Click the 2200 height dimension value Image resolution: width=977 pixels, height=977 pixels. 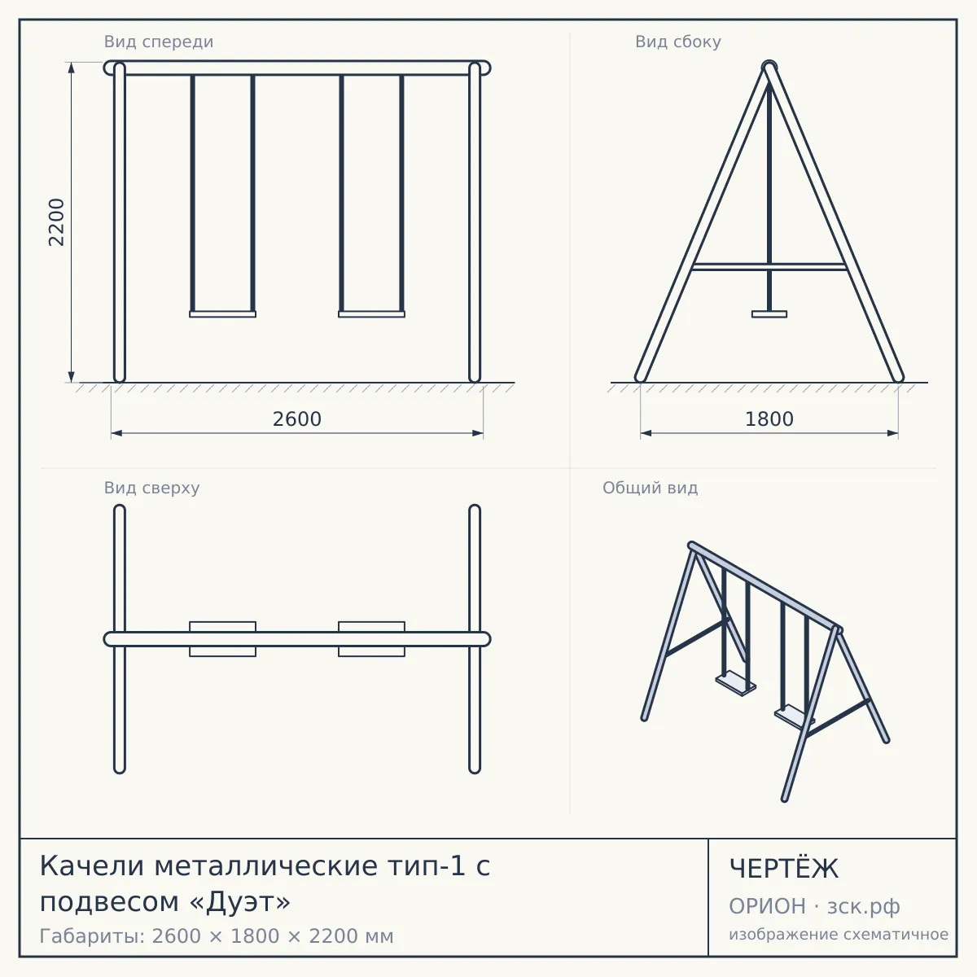coord(56,222)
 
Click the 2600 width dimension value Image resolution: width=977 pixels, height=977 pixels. coord(297,419)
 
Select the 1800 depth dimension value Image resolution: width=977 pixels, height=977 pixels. coord(769,419)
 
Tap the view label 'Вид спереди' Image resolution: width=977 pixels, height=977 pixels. coord(159,42)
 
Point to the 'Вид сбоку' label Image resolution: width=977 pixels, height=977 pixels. coord(678,42)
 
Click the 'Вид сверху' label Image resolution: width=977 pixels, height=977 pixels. coord(151,488)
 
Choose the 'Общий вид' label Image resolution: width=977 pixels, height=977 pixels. coord(650,488)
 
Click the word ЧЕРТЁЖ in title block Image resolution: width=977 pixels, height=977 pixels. coord(784,869)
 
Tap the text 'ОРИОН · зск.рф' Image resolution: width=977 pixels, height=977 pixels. coord(814,906)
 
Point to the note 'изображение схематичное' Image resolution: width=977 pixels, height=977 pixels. coord(839,934)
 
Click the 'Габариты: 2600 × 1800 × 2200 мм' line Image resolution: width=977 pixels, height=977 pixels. coord(217,936)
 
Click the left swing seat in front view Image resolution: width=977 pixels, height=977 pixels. coord(222,314)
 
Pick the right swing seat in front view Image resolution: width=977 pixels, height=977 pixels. coord(371,314)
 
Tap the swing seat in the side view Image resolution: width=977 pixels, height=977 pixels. coord(769,314)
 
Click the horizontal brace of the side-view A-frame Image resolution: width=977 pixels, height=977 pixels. coord(769,267)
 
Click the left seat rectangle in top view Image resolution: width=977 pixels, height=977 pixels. coord(222,639)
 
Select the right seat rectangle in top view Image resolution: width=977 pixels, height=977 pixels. coord(371,639)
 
